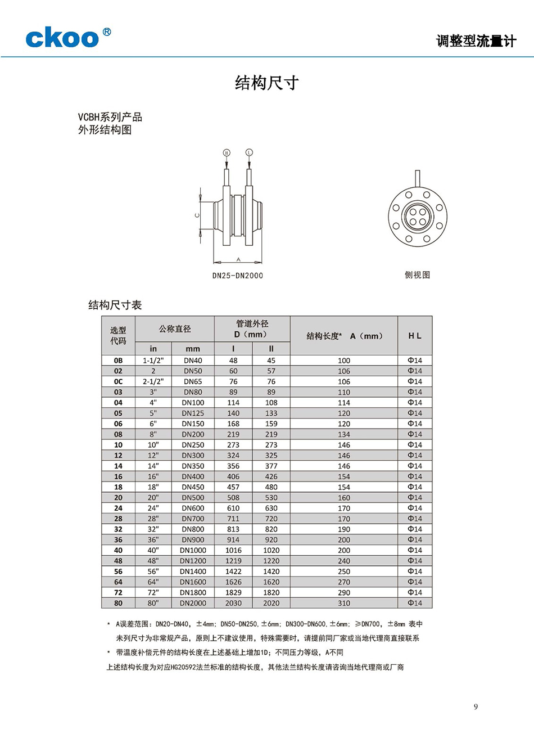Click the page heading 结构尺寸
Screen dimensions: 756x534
266,83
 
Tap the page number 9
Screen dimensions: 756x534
476,706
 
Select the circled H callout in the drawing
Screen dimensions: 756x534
227,152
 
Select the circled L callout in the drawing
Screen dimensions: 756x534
249,152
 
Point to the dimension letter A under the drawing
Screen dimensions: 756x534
238,259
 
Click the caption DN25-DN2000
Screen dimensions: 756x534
237,276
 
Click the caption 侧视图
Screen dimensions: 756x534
417,274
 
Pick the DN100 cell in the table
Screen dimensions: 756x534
193,403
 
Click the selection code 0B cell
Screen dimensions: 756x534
118,361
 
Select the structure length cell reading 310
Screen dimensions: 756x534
344,603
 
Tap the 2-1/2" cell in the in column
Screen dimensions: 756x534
153,381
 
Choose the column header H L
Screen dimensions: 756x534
415,335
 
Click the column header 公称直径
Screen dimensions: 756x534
175,328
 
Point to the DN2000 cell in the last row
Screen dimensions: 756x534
193,603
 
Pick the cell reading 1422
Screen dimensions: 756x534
233,571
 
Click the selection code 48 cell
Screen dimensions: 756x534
118,561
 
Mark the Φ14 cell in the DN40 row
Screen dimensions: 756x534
415,361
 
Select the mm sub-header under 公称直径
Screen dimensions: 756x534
193,349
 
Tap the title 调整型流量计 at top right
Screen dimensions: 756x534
476,41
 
